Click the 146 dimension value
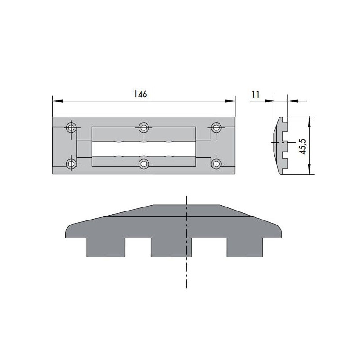coord(141,94)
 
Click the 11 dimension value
coord(256,94)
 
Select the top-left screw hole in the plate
coord(71,128)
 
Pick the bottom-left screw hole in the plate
coord(71,164)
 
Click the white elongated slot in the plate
coord(143,148)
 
